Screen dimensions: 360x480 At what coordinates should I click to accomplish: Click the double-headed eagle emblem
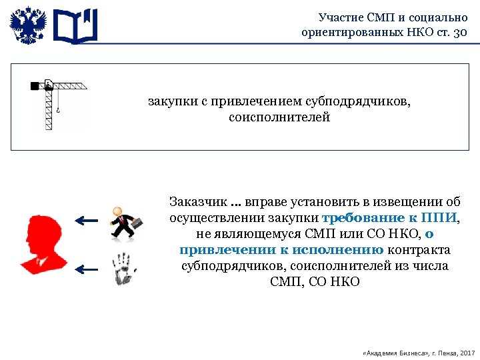[28, 26]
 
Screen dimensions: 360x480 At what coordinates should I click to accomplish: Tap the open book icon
[75, 26]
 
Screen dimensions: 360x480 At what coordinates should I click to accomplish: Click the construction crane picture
[59, 104]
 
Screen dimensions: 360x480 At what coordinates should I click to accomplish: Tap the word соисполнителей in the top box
[279, 117]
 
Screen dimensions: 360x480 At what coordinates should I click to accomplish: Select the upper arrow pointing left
[86, 220]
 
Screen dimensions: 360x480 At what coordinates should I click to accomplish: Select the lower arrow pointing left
[86, 269]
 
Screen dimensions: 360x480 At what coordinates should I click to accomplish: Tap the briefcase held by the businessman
[136, 225]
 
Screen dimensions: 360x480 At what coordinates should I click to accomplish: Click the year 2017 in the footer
[467, 351]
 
